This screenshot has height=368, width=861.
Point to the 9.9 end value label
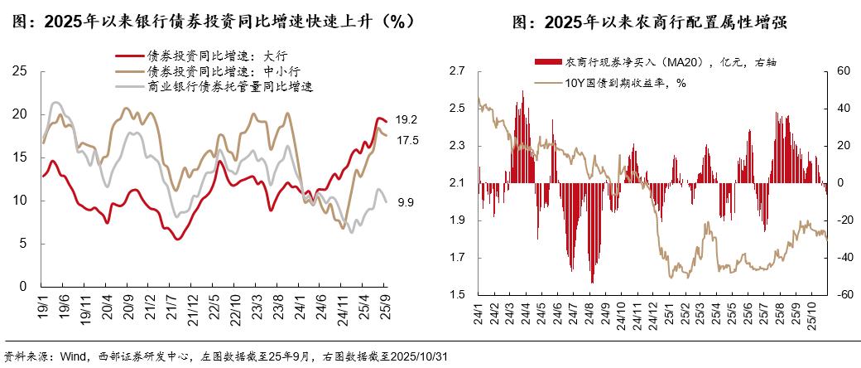coord(405,202)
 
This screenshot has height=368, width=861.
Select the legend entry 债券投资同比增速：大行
coord(217,56)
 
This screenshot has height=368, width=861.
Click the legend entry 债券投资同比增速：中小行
coord(222,70)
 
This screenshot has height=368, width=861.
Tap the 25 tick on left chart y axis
coord(22,71)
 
